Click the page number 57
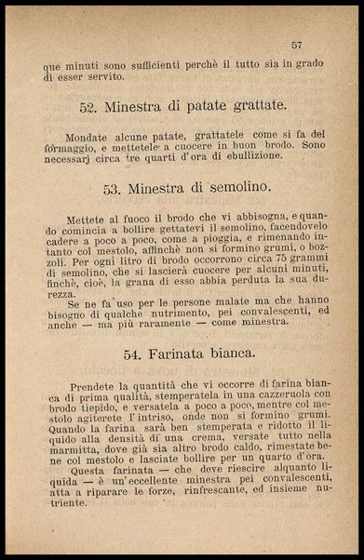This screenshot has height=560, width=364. [x=297, y=45]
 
